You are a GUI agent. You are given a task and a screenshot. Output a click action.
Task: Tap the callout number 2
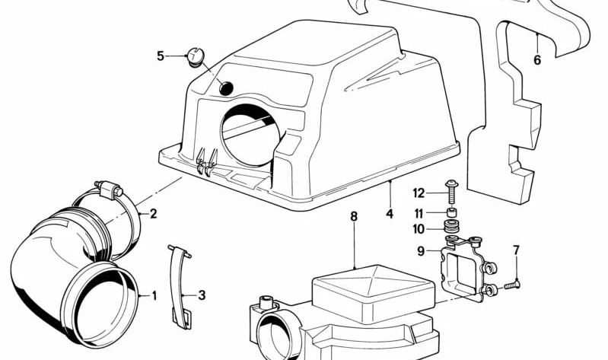click(x=153, y=214)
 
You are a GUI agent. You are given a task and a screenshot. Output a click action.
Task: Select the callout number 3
click(x=202, y=295)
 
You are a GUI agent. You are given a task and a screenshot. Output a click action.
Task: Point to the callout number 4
click(x=389, y=215)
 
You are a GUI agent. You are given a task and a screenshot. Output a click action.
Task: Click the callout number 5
click(x=161, y=56)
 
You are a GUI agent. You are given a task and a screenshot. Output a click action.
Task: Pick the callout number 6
click(x=537, y=61)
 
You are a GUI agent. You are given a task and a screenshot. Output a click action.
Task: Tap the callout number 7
click(x=516, y=250)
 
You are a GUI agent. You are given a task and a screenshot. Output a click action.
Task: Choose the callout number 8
click(x=353, y=217)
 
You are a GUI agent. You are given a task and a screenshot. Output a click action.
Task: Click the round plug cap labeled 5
click(x=196, y=56)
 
